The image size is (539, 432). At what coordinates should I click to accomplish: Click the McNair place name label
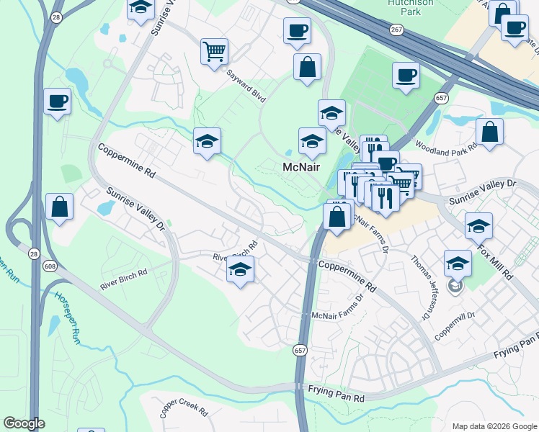(300, 166)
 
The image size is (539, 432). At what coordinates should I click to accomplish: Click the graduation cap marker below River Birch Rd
(241, 270)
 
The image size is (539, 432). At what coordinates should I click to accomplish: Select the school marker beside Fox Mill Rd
(478, 226)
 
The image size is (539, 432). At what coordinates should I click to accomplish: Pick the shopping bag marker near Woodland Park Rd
(489, 132)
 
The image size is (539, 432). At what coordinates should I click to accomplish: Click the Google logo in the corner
(24, 423)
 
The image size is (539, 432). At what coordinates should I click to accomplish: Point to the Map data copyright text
(494, 426)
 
